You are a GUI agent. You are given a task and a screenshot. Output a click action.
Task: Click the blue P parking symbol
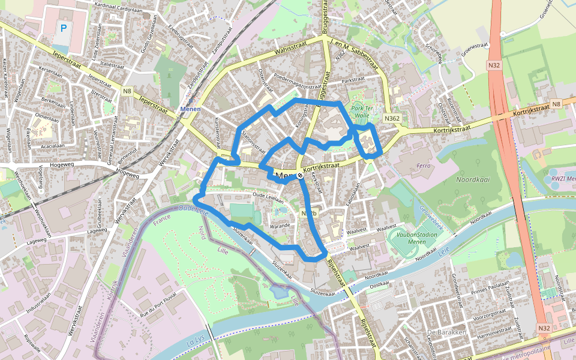coord(64,28)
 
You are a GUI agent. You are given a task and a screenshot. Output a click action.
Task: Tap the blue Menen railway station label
coord(189,109)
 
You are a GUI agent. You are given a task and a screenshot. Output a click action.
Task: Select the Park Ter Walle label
coord(363,111)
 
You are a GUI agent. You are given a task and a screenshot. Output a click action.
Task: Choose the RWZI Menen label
coord(562,178)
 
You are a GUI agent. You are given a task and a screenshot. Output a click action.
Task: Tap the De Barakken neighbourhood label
coord(446,332)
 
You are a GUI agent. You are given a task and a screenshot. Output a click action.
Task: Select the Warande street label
coord(280,226)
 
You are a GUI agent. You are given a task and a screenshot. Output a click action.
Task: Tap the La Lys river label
coord(195,343)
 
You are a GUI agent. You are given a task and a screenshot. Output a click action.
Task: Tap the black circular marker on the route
coord(299,175)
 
